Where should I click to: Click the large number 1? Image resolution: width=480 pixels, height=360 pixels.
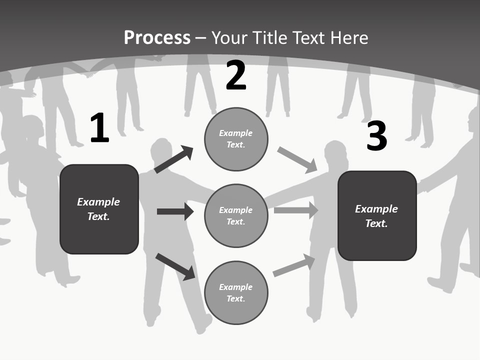[x=99, y=128]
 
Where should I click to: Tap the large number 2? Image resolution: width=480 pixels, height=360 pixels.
[x=236, y=75]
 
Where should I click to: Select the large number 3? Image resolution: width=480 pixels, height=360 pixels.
[x=376, y=136]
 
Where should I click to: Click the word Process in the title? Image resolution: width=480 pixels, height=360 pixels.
[x=157, y=38]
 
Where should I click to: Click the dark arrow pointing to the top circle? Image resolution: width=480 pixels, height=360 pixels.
[x=173, y=159]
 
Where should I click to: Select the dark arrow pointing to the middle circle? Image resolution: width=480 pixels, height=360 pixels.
[x=175, y=211]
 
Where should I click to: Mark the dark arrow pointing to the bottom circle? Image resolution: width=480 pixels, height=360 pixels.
[x=175, y=266]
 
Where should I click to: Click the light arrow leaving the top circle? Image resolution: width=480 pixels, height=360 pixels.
[x=297, y=160]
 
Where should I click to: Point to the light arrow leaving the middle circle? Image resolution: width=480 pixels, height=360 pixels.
[x=295, y=210]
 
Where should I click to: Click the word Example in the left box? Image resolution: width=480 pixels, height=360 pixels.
[x=98, y=202]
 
